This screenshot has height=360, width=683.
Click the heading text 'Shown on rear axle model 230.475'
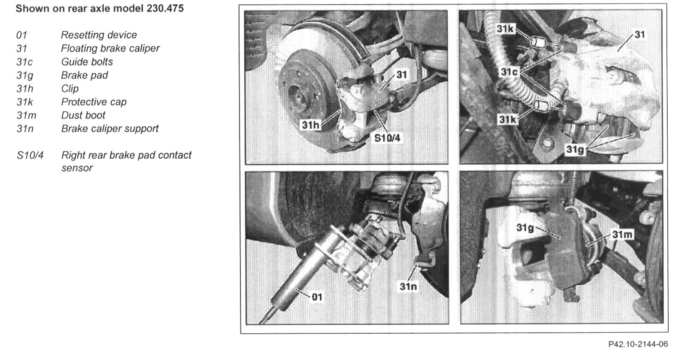[100, 8]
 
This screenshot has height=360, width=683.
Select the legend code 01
[22, 35]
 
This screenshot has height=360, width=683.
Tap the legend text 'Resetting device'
[99, 35]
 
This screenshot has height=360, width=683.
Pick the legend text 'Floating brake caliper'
[110, 48]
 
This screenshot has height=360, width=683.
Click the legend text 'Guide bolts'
[87, 62]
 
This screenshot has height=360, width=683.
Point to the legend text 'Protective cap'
[94, 102]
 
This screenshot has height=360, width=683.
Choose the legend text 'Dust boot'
[83, 115]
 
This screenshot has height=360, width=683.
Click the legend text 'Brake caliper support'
[110, 129]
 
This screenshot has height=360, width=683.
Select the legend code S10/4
[30, 156]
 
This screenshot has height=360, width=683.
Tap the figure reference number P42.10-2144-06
[638, 344]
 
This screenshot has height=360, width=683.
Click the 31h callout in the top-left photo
[311, 125]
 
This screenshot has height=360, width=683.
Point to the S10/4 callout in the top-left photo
[387, 138]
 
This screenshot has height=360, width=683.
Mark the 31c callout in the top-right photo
[509, 72]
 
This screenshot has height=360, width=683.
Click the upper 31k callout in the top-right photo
[505, 29]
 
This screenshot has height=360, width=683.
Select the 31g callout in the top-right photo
[575, 150]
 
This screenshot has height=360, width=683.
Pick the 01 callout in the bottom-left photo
[317, 297]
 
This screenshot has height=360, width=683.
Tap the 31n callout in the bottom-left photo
[408, 286]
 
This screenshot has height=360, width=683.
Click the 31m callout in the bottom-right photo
[623, 234]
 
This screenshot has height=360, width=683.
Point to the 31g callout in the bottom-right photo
[525, 228]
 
